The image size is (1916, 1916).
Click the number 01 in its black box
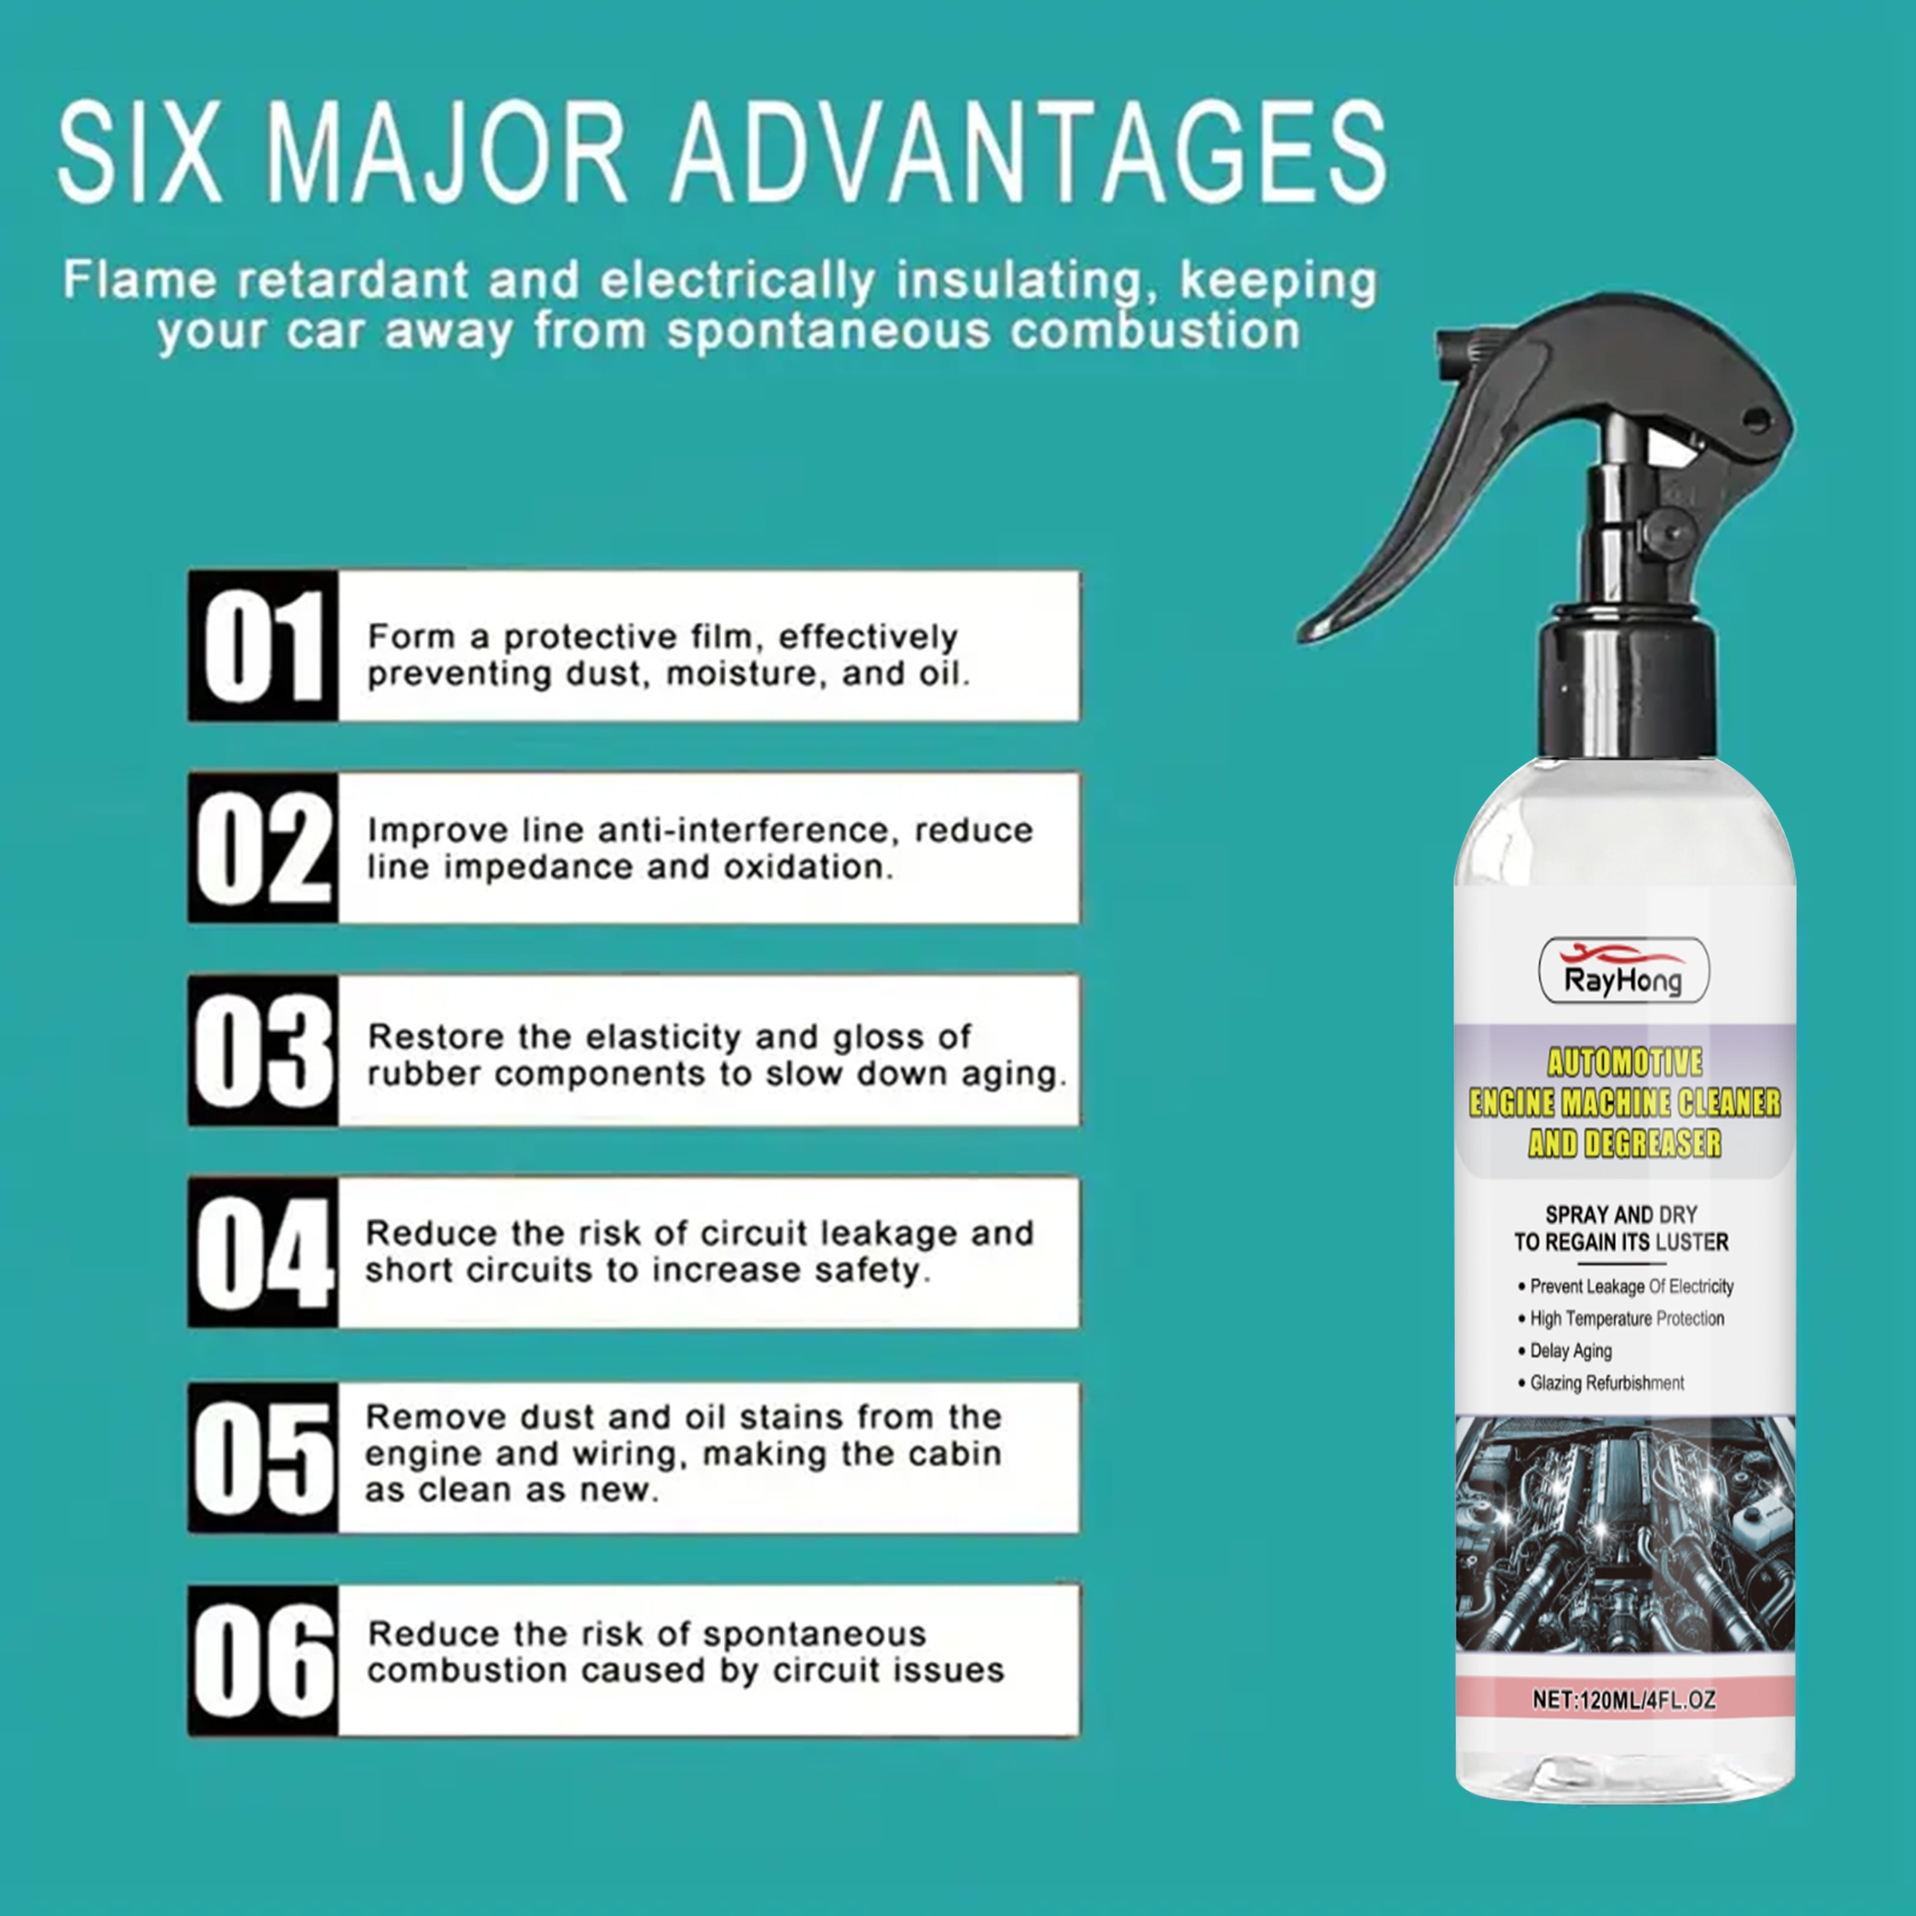262,646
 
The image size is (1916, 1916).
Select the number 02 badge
262,848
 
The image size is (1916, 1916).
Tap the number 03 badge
262,1050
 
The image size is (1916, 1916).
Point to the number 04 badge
262,1252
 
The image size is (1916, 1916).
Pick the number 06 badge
262,1660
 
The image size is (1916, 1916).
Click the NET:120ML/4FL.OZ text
1624,1699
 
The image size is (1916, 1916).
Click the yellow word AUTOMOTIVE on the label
1624,1062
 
